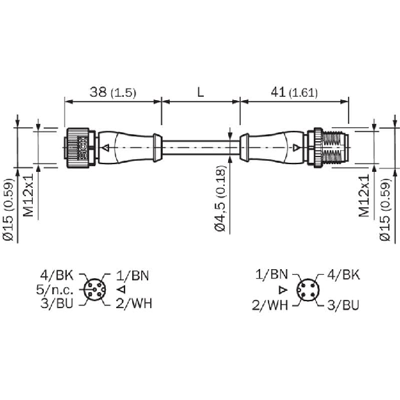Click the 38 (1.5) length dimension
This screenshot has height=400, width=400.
click(x=113, y=92)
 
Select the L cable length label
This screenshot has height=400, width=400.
click(x=201, y=92)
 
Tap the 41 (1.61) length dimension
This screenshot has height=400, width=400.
click(x=294, y=92)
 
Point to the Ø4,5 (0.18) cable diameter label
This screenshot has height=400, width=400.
click(x=221, y=198)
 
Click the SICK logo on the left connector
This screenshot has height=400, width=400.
click(x=82, y=148)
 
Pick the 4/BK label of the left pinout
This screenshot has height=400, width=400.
click(x=56, y=275)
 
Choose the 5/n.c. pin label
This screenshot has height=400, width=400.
click(x=54, y=290)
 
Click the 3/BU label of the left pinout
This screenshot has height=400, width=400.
click(x=56, y=303)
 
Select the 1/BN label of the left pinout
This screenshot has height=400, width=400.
click(x=132, y=275)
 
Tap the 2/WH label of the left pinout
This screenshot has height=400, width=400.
click(x=134, y=303)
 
